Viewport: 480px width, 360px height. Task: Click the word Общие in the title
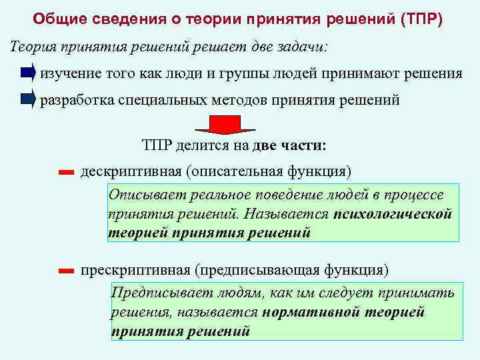(59, 17)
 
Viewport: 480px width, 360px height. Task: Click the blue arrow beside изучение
(27, 73)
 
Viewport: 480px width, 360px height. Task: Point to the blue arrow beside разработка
(27, 100)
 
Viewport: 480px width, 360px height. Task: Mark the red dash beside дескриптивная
(65, 173)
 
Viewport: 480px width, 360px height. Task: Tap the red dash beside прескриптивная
(65, 271)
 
